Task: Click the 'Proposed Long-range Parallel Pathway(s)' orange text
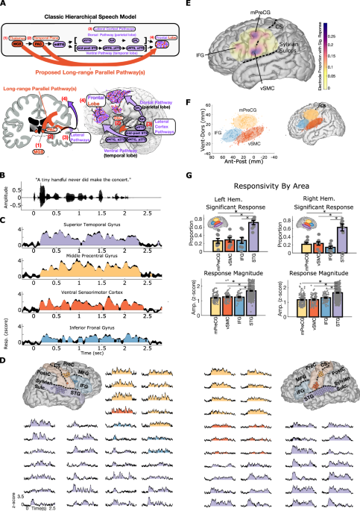click(x=94, y=74)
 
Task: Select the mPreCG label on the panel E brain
click(x=236, y=14)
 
